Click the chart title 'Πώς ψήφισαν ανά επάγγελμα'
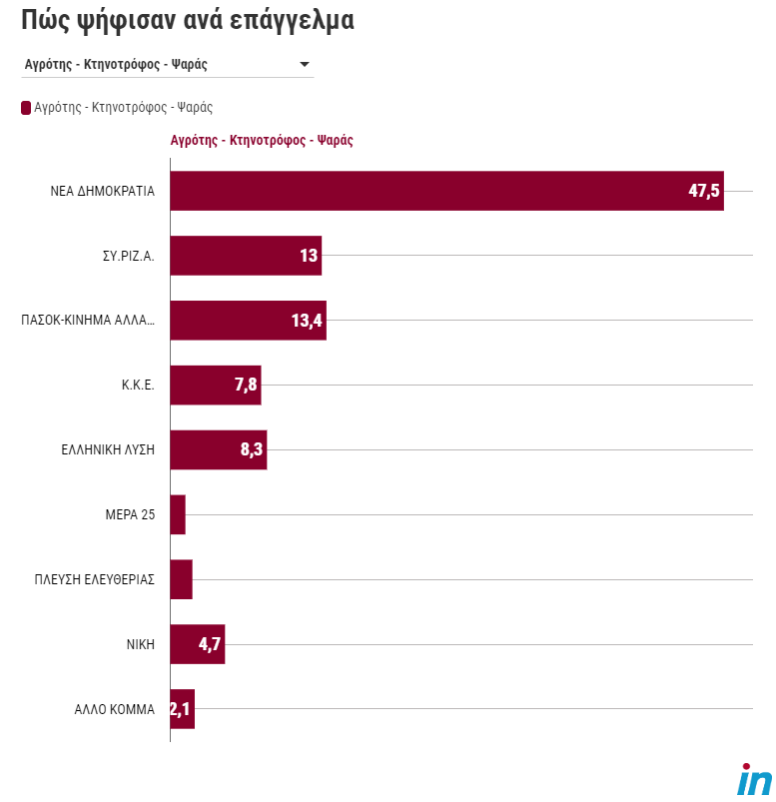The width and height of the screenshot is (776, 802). pyautogui.click(x=188, y=19)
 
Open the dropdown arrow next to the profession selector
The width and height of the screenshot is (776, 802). pyautogui.click(x=305, y=65)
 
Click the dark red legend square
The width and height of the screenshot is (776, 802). pyautogui.click(x=26, y=107)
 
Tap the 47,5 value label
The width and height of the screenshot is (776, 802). pyautogui.click(x=703, y=191)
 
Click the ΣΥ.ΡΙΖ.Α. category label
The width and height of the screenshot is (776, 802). pyautogui.click(x=127, y=256)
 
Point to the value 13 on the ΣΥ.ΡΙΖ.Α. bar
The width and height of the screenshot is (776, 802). pyautogui.click(x=309, y=256)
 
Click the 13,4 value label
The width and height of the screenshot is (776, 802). pyautogui.click(x=308, y=321)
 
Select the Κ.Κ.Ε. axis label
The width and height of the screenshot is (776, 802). pyautogui.click(x=137, y=386)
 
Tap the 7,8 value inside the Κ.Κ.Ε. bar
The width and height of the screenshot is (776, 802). pyautogui.click(x=246, y=386)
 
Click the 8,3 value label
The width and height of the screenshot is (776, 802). pyautogui.click(x=251, y=450)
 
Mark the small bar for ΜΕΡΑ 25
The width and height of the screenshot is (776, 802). pyautogui.click(x=178, y=514)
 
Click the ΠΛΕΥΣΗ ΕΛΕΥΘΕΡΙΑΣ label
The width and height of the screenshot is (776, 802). pyautogui.click(x=94, y=579)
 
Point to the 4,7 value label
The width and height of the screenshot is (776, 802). pyautogui.click(x=210, y=644)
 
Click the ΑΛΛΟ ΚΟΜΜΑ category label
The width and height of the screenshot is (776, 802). pyautogui.click(x=115, y=709)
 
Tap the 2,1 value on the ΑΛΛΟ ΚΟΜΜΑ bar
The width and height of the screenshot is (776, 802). pyautogui.click(x=182, y=709)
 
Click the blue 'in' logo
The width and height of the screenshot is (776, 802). pyautogui.click(x=754, y=779)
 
